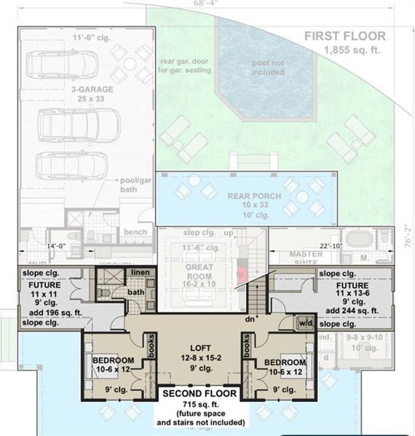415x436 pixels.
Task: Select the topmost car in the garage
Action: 55,64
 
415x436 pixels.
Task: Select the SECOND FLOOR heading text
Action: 196,394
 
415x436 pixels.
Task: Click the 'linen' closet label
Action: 140,272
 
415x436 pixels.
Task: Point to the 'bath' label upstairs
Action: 137,292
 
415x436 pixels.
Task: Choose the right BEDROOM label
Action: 285,361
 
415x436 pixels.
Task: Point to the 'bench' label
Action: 135,232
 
